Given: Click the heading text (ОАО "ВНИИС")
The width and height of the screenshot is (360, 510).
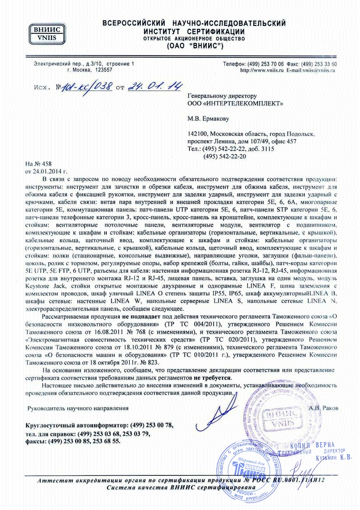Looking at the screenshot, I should point(195,46).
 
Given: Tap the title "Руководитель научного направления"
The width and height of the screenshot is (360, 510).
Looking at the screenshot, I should point(78,408).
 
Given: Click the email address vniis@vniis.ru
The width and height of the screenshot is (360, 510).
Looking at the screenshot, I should point(322,70).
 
